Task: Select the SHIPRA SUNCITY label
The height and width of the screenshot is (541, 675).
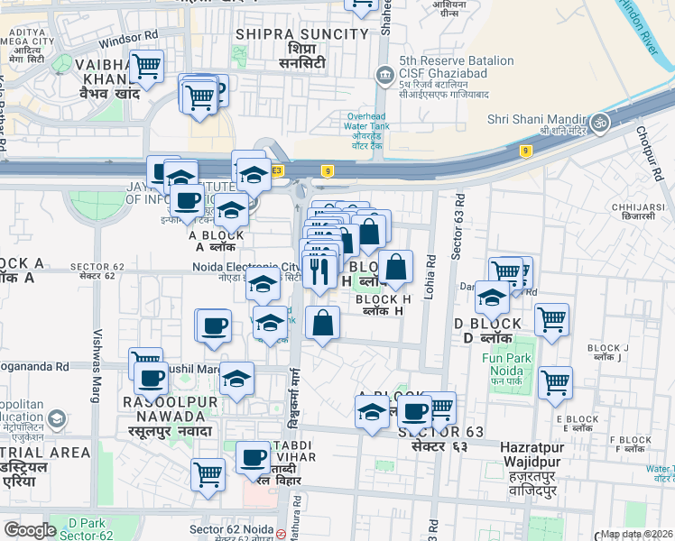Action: pos(301,34)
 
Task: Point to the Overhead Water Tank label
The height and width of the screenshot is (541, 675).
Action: pos(368,128)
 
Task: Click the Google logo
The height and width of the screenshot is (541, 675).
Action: pos(30,530)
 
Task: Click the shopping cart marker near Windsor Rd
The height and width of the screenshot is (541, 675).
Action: pos(146,66)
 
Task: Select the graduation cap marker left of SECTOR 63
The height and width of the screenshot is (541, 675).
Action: pos(372,413)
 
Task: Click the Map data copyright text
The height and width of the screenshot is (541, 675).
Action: pos(635,534)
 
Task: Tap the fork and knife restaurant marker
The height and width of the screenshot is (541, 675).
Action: pos(318,270)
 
